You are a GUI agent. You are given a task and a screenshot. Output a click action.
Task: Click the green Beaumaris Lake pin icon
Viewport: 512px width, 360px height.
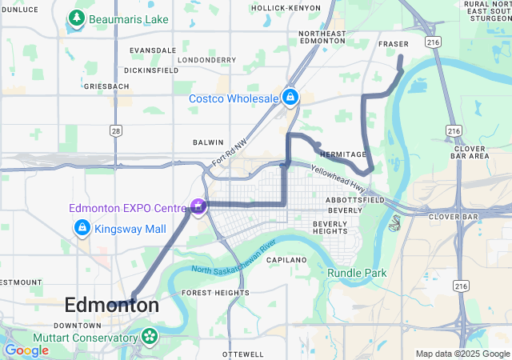click(x=77, y=18)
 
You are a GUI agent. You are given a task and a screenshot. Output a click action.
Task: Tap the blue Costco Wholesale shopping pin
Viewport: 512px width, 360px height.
click(x=290, y=98)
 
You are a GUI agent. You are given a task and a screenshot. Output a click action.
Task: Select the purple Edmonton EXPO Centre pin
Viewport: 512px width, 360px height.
click(x=197, y=207)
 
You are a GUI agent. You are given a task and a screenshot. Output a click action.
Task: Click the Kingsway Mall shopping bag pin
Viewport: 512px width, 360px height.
click(x=82, y=229)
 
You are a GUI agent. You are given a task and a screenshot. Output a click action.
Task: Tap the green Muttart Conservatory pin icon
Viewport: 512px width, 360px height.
click(x=150, y=338)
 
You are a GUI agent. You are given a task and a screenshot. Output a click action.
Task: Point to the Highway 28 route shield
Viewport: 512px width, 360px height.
click(x=117, y=130)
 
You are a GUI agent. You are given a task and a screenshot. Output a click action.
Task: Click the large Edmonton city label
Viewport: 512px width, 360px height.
click(x=111, y=305)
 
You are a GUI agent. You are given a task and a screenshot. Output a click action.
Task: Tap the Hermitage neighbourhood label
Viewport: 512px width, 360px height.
click(x=342, y=154)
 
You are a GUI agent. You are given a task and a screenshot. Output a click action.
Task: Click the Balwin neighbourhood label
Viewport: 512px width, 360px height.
click(x=208, y=142)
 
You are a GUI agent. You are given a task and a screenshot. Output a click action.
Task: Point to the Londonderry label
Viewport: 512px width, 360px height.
click(x=207, y=60)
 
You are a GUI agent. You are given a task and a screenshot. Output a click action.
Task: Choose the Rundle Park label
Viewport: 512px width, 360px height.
click(x=357, y=273)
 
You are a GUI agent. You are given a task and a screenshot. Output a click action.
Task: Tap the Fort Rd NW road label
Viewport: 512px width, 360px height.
click(x=230, y=149)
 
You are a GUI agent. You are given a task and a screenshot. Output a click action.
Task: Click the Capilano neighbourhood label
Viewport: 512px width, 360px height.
click(x=286, y=261)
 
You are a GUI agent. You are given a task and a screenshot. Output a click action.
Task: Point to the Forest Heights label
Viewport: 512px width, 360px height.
click(x=215, y=293)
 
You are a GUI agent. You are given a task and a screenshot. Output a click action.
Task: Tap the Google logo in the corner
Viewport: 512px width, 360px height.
click(x=27, y=350)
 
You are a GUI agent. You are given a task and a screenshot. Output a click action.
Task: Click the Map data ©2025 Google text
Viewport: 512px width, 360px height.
click(x=462, y=354)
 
